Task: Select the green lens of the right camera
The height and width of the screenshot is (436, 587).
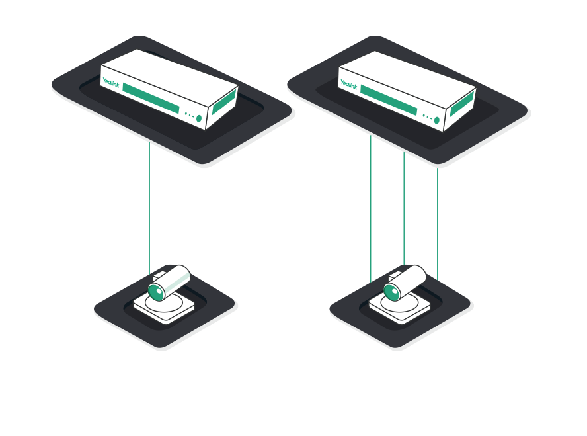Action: click(x=393, y=290)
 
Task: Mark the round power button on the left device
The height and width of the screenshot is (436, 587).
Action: click(x=198, y=118)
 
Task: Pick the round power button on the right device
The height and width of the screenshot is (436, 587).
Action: click(x=436, y=120)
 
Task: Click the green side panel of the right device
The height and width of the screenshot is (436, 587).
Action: click(x=462, y=106)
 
